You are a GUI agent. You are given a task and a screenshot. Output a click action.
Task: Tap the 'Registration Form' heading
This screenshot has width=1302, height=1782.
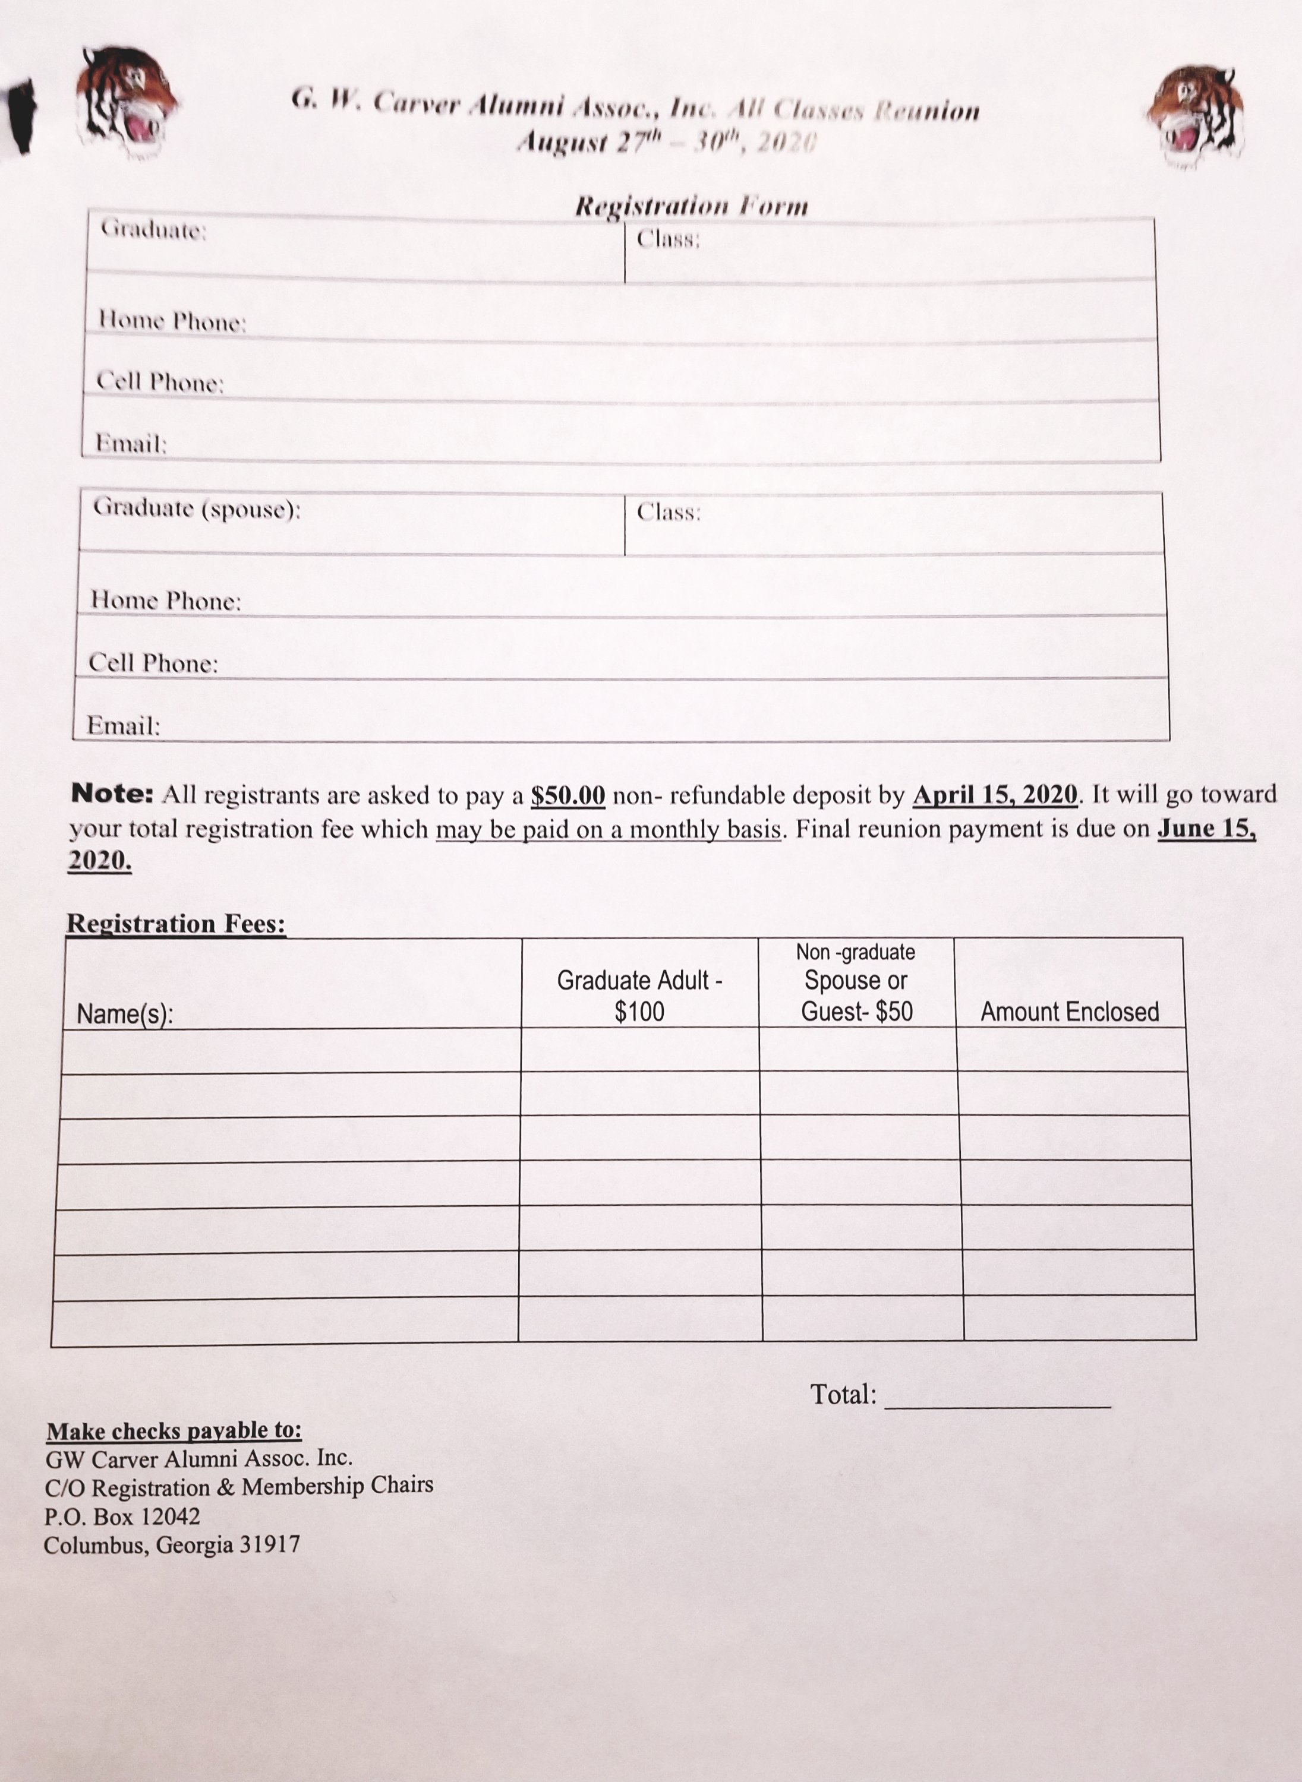coord(691,206)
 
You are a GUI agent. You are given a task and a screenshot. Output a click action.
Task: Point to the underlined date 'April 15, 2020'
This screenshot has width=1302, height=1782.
coord(995,795)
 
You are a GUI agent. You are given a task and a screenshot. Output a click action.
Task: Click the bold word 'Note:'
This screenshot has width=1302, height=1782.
coord(112,794)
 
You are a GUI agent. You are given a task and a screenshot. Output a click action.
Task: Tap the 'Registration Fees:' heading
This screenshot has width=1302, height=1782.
coord(176,923)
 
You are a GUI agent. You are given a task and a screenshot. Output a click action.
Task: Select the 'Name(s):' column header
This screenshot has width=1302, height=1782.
coord(125,1014)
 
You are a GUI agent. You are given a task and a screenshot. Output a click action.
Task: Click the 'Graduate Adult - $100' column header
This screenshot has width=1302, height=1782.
coord(639,996)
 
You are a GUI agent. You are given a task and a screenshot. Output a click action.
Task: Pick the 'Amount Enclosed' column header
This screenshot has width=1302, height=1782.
coord(1070,1012)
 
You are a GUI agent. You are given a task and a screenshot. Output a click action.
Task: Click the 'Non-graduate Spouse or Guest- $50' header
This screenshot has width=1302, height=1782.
coord(856,982)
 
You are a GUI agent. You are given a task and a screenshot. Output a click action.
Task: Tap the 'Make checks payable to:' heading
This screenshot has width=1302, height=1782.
coord(174,1430)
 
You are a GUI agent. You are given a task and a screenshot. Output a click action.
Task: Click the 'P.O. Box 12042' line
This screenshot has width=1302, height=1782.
coord(122,1516)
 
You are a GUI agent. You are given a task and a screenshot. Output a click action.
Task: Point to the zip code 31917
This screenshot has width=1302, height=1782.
coord(270,1544)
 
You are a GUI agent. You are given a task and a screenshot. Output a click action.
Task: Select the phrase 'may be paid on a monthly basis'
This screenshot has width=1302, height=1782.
coord(609,830)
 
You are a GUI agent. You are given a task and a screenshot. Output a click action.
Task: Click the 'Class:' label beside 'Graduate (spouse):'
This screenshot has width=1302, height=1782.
coord(669,513)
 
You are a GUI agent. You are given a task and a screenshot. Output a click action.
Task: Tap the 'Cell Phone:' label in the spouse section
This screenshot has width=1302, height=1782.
coord(153,663)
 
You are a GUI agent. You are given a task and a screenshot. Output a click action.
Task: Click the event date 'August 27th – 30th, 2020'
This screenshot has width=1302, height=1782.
coord(667,143)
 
